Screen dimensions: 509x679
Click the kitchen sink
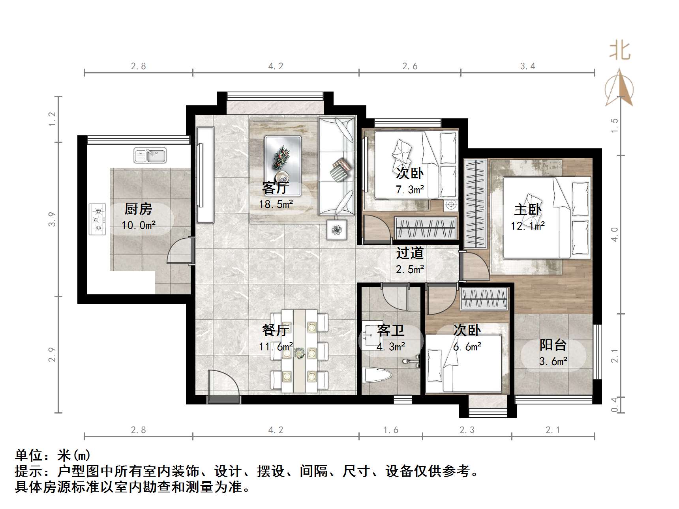pos(150,155)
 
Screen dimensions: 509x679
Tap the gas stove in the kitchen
pos(98,219)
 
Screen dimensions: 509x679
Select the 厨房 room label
pos(138,209)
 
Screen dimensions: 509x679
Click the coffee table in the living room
pos(283,166)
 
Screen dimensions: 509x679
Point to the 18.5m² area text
pos(276,204)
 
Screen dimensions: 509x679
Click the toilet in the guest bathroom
pos(376,376)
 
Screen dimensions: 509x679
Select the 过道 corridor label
pos(410,253)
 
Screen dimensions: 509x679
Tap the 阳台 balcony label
pos(553,345)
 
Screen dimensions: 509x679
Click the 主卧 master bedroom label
pos(527,210)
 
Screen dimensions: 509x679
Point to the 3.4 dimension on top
pos(527,66)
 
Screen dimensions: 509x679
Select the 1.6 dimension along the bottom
pos(390,430)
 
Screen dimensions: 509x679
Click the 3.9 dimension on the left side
pos(52,219)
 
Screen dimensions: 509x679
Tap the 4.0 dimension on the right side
pos(614,234)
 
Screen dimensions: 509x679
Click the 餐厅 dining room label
pos(276,330)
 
